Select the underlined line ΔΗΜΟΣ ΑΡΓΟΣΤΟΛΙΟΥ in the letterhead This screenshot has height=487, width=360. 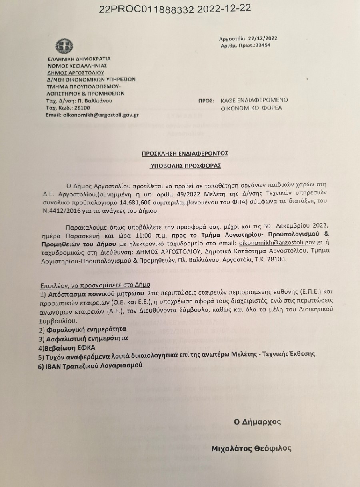click(x=75, y=72)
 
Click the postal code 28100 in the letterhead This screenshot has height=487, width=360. click(x=82, y=108)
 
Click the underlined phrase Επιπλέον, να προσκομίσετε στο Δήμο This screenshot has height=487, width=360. click(x=95, y=285)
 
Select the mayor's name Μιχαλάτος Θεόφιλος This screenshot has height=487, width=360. click(x=251, y=448)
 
